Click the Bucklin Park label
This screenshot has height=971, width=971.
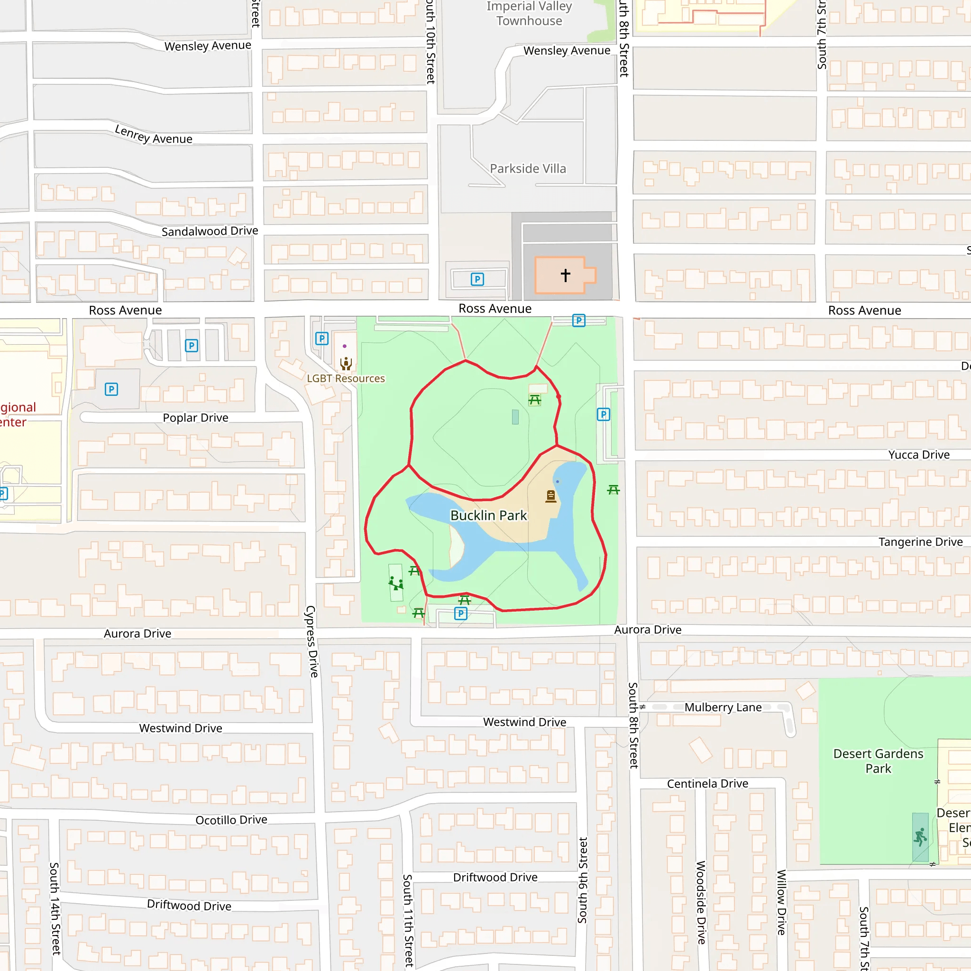point(488,516)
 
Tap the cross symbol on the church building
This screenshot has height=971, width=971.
point(566,275)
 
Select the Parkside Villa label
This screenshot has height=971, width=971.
point(528,169)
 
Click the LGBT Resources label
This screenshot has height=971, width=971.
point(346,378)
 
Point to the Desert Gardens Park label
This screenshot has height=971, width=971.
point(878,761)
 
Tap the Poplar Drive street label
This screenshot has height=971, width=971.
point(195,418)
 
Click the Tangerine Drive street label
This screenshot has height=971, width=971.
point(920,542)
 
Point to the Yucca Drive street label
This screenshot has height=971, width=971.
point(919,455)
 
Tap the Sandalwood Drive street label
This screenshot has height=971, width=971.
point(210,231)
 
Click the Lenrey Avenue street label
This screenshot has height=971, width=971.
point(153,135)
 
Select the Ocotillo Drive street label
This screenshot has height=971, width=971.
point(231,820)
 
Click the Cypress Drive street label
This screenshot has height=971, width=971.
point(311,641)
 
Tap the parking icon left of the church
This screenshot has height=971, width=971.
point(477,279)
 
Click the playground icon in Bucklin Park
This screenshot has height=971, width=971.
point(395,584)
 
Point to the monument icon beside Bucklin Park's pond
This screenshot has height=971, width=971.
point(551,496)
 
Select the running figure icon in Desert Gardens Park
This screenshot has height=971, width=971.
point(920,838)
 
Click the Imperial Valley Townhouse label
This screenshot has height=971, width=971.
point(529,14)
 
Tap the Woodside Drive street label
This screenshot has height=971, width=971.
point(701,902)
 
